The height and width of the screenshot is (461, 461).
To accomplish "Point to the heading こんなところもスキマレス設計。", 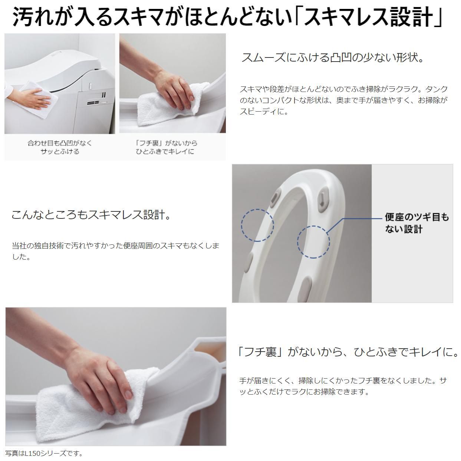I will pos(91,215).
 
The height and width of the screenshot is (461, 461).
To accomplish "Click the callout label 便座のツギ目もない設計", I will pos(416,223).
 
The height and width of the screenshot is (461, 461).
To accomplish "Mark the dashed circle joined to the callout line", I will pos(313,242).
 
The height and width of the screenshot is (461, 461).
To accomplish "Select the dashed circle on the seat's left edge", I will pos(257,225).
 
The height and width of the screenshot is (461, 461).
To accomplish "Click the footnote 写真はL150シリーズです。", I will pos(44,453).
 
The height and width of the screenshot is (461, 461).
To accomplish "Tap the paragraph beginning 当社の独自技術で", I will pos(115,251).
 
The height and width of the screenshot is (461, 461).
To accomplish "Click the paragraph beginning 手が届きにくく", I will pos(343,386).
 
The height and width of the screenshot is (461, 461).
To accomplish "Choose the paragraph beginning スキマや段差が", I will pos(343,100).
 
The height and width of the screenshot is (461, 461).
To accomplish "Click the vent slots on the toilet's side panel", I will pos(93,102).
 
